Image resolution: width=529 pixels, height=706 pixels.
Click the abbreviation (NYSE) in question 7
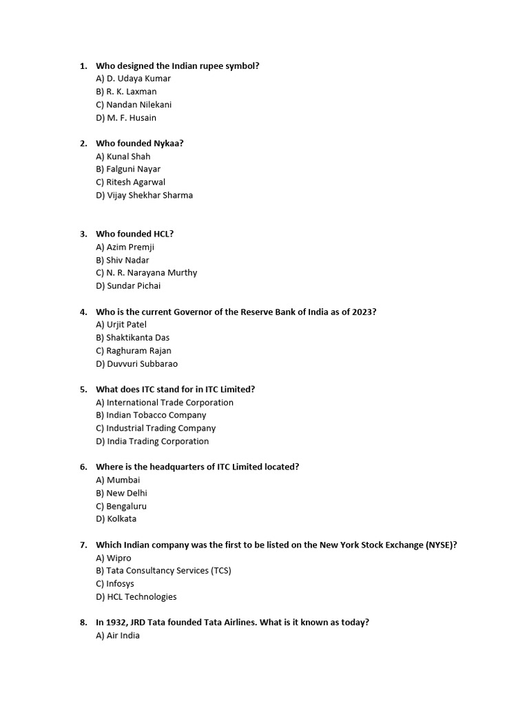tap(441, 545)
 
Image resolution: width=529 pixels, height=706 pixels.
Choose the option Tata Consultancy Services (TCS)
tap(164, 571)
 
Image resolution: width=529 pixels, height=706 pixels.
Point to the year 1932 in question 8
tap(116, 623)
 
